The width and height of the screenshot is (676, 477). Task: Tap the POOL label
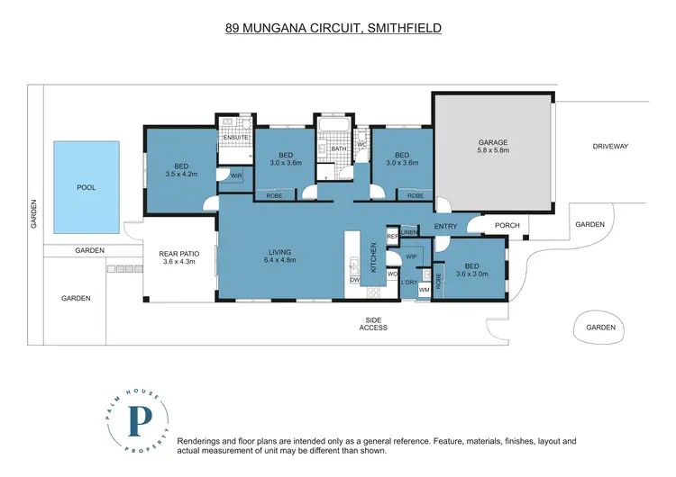pyautogui.click(x=87, y=187)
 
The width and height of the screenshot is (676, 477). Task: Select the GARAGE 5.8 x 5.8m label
pyautogui.click(x=493, y=147)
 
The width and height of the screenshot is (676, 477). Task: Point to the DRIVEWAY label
pyautogui.click(x=610, y=146)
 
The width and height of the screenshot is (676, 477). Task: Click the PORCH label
pyautogui.click(x=507, y=225)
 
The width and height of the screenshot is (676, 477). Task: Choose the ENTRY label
pyautogui.click(x=446, y=226)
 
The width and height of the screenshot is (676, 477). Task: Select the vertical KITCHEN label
pyautogui.click(x=372, y=257)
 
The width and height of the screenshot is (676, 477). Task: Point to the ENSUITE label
pyautogui.click(x=235, y=139)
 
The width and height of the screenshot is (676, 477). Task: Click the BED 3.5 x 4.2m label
pyautogui.click(x=179, y=170)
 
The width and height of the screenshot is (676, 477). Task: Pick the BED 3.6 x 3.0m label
pyautogui.click(x=471, y=270)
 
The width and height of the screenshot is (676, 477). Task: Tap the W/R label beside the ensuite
pyautogui.click(x=236, y=175)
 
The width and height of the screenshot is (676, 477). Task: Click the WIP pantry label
pyautogui.click(x=412, y=257)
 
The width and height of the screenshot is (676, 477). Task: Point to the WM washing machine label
pyautogui.click(x=424, y=290)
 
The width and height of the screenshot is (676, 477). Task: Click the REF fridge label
pyautogui.click(x=392, y=236)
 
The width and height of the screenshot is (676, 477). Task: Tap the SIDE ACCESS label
pyautogui.click(x=373, y=323)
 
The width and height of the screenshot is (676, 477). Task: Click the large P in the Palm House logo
pyautogui.click(x=141, y=421)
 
